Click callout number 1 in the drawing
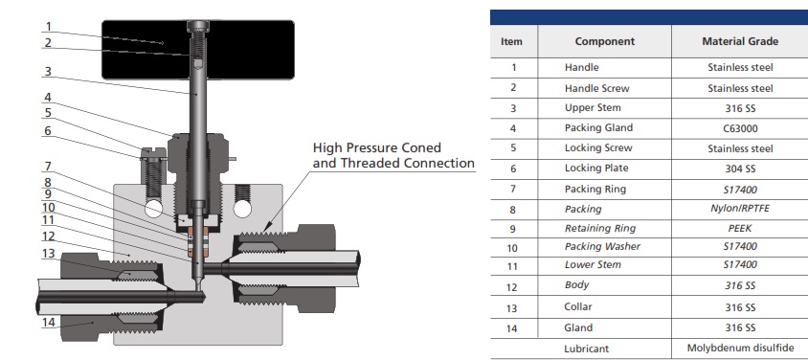coord(50,27)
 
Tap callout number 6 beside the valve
coord(47,130)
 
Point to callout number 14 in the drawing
coord(49,322)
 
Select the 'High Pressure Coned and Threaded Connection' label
coord(393,156)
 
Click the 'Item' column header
coord(512,41)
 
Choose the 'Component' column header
coord(604,41)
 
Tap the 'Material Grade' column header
coord(739,41)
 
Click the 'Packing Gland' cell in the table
coord(598,128)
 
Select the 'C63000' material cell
coord(739,128)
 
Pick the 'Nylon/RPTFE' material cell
coord(739,209)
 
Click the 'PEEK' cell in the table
coord(739,229)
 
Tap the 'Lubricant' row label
coord(587,349)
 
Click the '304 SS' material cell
coord(739,169)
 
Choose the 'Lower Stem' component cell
coord(593,265)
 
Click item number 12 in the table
coord(512,285)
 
